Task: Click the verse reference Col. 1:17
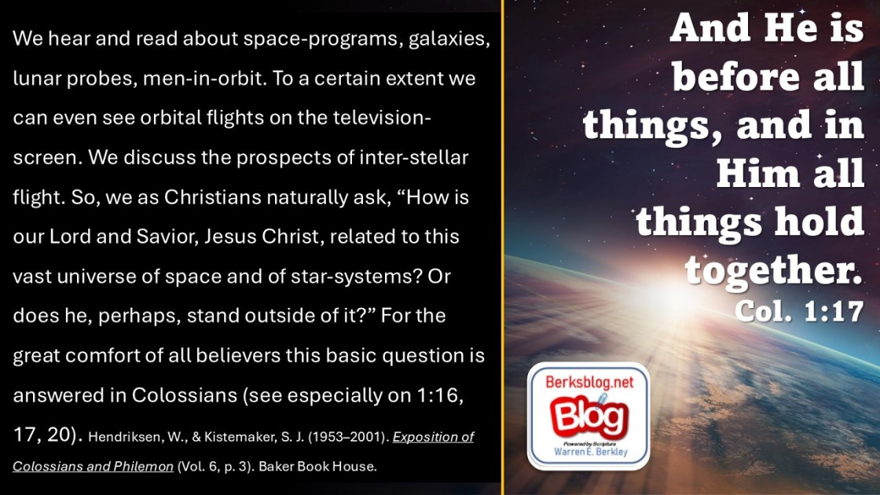click(x=798, y=311)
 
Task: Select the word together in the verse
click(x=773, y=270)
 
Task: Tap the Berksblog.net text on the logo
click(x=589, y=382)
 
